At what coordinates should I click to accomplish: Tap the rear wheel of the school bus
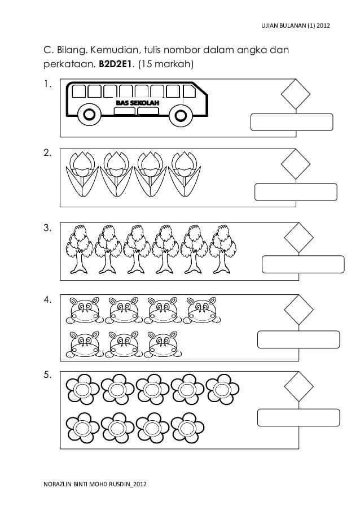89,115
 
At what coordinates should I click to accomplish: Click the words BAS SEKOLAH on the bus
138,103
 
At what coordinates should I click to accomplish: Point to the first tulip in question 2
82,174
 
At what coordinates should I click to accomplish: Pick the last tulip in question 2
184,174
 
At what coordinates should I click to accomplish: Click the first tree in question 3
79,249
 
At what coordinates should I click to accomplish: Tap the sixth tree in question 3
222,249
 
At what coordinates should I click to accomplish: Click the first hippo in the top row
85,310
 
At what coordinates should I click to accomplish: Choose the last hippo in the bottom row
163,344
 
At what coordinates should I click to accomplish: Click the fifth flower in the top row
222,389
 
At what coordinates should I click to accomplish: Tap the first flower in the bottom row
82,428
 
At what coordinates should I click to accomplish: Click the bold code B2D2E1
115,64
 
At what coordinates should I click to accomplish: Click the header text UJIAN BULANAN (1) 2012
296,25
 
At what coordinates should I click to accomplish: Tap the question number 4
47,299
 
